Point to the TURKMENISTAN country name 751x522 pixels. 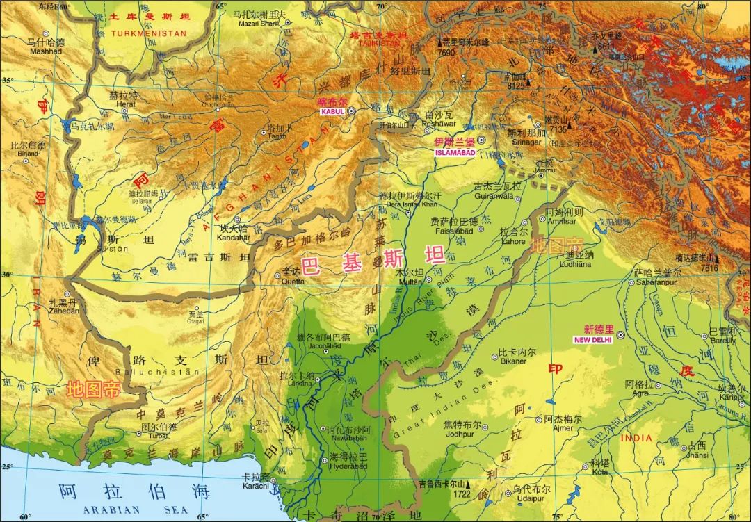[x=148, y=33]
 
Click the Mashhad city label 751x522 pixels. [x=46, y=51]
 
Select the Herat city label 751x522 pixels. [x=125, y=104]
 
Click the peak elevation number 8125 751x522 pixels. [x=515, y=86]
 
